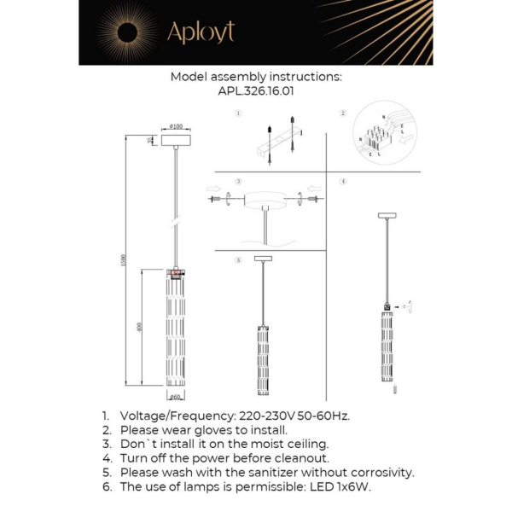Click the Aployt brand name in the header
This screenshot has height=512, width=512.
click(200, 32)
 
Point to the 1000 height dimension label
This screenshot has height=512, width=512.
click(123, 261)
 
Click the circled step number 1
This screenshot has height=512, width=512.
click(239, 113)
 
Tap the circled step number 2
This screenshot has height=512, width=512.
click(342, 113)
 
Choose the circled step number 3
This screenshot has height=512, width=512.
click(239, 182)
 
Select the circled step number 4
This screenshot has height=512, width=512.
click(342, 182)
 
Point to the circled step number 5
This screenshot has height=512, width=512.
click(239, 259)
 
